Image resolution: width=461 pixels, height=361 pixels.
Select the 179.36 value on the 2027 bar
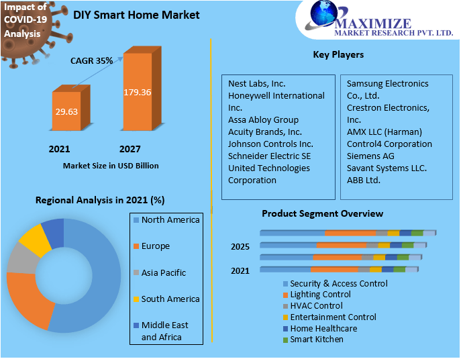pos(137,92)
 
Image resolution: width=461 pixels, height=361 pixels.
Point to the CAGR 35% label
pos(91,60)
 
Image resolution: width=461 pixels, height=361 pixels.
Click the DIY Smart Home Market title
pos(136,15)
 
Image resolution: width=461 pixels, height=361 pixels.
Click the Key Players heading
pos(338,54)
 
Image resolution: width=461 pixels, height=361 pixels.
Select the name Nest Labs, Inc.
pos(256,84)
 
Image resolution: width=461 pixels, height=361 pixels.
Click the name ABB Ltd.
pos(363,180)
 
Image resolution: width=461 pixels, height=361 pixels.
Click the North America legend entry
pos(170,220)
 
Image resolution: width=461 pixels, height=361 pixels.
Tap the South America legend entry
pos(170,299)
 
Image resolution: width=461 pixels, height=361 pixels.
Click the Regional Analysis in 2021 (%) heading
pos(100,200)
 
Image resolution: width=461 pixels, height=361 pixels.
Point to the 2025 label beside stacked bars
pos(240,247)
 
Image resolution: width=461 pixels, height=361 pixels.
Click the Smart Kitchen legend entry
pos(316,340)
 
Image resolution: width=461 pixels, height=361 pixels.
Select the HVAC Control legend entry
pos(315,305)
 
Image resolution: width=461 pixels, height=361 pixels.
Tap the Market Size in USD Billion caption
pos(111,165)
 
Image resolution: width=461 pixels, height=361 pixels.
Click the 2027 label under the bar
pos(130,149)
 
